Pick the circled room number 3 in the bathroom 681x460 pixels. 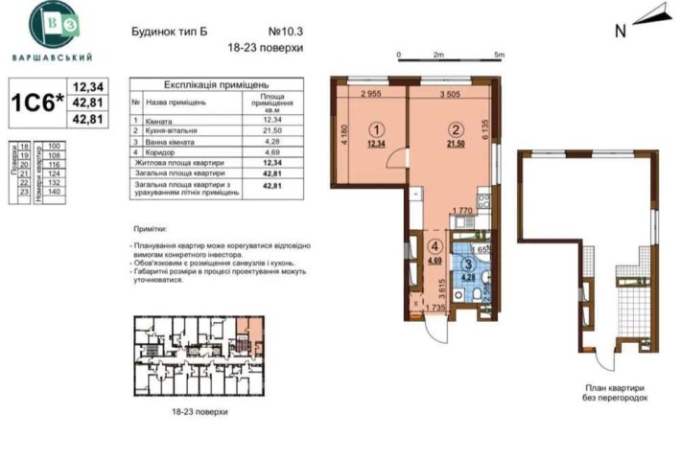(x=468, y=265)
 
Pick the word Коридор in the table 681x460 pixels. (x=162, y=150)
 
